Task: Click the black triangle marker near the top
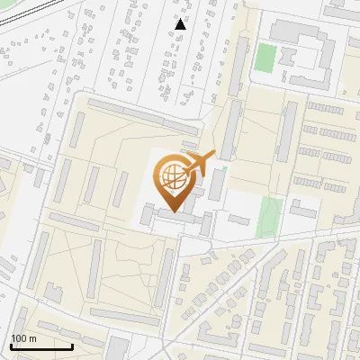(x=181, y=24)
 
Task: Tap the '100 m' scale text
(x=23, y=338)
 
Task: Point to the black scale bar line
(x=41, y=346)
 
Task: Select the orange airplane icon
(x=201, y=163)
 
